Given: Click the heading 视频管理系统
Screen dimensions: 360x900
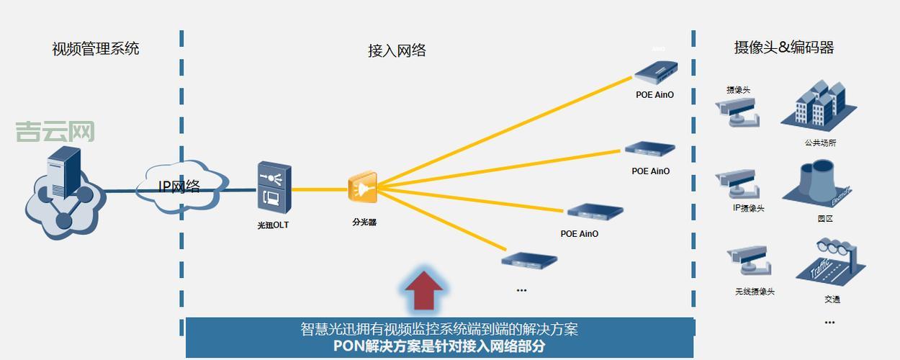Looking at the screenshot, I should point(95,49).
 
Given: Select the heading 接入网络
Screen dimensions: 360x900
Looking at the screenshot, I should point(397,50).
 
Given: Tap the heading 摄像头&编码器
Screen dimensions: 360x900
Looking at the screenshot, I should point(783,48).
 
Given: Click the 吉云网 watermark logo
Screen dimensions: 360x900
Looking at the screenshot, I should point(55,132).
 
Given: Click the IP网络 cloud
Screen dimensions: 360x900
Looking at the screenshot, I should point(179,186).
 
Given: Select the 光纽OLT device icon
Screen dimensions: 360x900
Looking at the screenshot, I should point(274,187).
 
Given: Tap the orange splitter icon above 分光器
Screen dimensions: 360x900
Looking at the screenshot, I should point(362,188).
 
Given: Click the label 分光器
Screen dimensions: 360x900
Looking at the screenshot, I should point(364,222).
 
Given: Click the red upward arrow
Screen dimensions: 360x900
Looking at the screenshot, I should point(424,289).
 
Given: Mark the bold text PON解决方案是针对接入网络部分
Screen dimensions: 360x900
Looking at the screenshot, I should point(439,346).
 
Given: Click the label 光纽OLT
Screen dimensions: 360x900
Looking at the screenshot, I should point(274,225).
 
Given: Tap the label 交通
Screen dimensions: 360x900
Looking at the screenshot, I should point(832,299).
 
